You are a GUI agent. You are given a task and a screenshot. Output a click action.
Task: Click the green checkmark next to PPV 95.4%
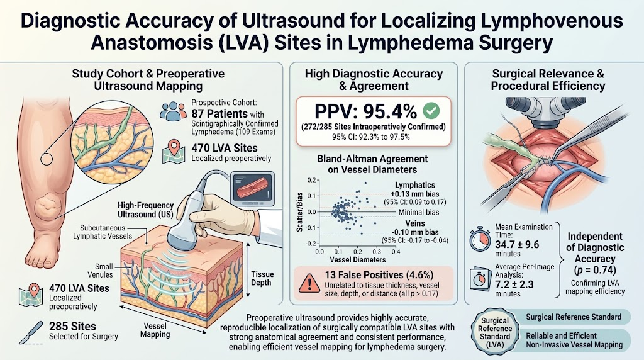click(431, 111)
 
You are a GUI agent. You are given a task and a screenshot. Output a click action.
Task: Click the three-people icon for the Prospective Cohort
click(174, 111)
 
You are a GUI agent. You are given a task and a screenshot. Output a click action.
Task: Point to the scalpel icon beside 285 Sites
click(31, 332)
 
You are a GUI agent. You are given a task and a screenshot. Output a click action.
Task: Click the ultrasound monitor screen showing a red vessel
click(253, 189)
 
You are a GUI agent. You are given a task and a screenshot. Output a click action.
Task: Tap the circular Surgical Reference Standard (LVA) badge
click(494, 332)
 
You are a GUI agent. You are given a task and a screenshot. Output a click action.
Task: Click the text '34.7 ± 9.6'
click(518, 245)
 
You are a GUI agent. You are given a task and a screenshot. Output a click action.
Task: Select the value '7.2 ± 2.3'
click(514, 284)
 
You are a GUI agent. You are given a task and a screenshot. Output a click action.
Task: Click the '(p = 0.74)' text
click(595, 270)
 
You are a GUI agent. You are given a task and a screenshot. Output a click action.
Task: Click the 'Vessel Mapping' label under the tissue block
click(155, 330)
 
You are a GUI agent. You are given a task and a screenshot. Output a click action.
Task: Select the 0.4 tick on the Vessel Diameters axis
click(396, 252)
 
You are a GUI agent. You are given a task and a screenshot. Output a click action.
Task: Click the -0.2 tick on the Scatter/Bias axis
click(312, 244)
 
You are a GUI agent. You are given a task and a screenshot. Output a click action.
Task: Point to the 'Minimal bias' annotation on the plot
click(419, 212)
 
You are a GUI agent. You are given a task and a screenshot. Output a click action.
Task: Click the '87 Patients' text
click(219, 113)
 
